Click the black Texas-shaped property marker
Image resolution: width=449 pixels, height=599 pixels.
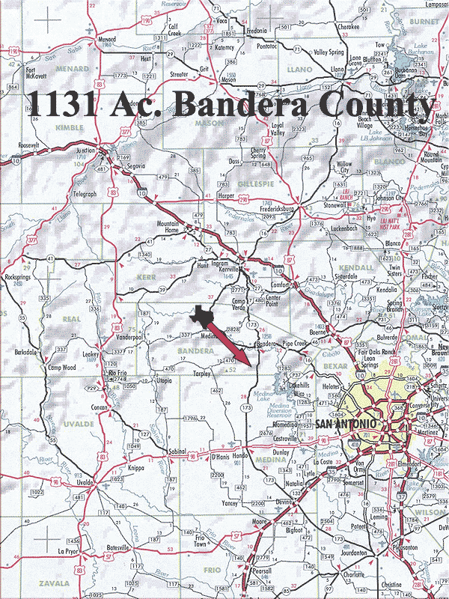pos(201,316)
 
